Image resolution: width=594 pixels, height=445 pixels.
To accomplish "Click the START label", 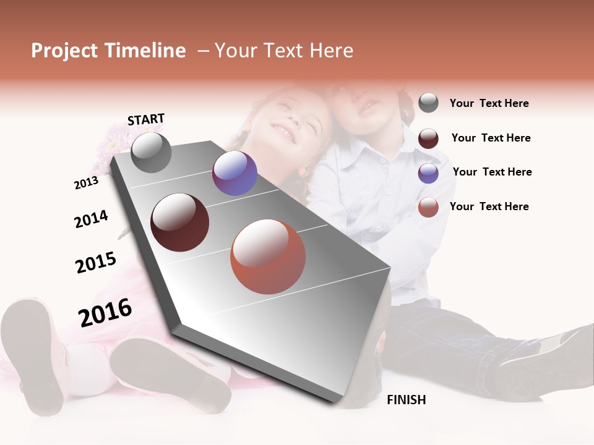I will (146, 119).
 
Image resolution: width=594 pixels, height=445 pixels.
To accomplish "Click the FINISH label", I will (406, 400).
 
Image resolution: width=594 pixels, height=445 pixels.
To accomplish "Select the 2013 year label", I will (86, 182).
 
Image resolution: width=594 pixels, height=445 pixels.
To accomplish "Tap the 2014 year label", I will (91, 219).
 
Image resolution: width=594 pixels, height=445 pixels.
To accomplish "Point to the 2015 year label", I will (96, 262).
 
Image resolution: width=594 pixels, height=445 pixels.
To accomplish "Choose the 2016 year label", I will (105, 312).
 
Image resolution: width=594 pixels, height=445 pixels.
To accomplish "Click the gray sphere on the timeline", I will (151, 152).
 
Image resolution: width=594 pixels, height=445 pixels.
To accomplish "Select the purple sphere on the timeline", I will (235, 173).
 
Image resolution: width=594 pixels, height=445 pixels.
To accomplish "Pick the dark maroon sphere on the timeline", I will (179, 222).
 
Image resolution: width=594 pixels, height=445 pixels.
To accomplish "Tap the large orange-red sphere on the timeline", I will (268, 256).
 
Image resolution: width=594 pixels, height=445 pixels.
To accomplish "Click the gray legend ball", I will (428, 103).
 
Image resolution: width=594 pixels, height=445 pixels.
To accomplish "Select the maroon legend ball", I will (428, 138).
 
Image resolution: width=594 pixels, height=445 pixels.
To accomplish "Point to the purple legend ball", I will (428, 172).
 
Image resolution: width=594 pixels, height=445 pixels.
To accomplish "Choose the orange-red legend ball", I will (428, 207).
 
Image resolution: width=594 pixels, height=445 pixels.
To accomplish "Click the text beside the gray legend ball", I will (489, 103).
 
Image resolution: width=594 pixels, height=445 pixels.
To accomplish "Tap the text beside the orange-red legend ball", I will (489, 206).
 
